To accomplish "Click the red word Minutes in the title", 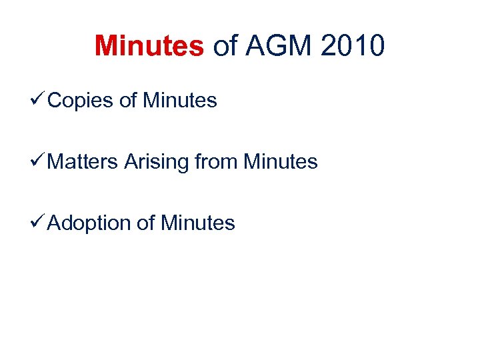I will point(149,46).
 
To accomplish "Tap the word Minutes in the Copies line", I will point(180,101).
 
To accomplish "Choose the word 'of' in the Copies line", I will point(127,101).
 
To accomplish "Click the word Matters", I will point(84,161).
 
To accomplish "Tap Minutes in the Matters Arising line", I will point(281,161).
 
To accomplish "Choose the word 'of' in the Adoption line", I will point(145,223).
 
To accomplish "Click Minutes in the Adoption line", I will point(198,223).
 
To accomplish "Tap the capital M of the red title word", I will point(106,46).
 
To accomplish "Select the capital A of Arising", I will point(130,161).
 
